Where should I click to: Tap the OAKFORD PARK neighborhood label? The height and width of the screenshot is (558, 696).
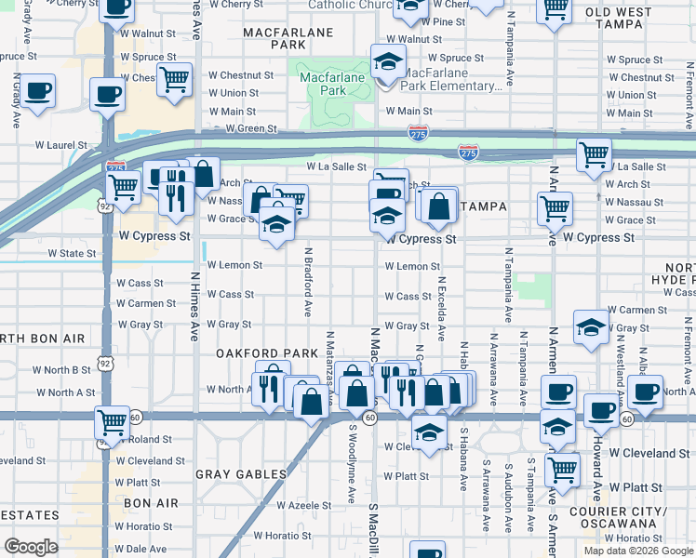[254, 353]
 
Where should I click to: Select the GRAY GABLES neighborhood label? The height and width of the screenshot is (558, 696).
[241, 474]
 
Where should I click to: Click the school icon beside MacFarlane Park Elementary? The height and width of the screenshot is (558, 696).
[387, 62]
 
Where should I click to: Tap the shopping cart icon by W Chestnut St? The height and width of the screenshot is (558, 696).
[174, 79]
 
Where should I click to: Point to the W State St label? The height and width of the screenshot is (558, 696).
[72, 253]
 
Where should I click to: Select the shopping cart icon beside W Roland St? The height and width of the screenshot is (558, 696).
[112, 422]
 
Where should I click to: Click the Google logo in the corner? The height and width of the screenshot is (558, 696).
[31, 546]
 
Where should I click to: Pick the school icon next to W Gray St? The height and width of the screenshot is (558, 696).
[590, 326]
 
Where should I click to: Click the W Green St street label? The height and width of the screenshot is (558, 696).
[251, 129]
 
